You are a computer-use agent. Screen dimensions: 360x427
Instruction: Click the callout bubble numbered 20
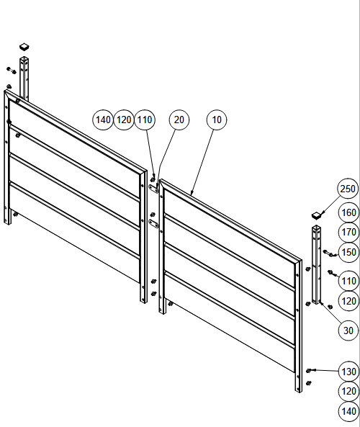[179, 120]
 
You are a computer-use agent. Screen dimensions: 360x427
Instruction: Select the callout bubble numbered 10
[217, 120]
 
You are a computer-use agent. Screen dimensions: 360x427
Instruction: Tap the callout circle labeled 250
[348, 189]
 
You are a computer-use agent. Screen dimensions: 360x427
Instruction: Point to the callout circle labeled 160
[348, 212]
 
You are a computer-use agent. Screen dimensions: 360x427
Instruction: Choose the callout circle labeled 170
[348, 233]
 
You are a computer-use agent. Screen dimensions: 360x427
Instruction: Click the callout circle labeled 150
[348, 252]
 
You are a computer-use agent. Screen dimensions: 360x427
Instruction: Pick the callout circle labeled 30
[348, 331]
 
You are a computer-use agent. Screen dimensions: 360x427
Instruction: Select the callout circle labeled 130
[348, 372]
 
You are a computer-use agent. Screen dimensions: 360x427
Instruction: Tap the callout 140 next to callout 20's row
[103, 120]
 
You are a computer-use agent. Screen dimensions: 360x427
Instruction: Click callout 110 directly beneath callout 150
[348, 281]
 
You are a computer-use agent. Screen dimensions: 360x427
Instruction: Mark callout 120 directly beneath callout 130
[348, 391]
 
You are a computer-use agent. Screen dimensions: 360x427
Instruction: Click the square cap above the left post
[24, 47]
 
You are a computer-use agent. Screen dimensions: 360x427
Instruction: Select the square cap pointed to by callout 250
[316, 215]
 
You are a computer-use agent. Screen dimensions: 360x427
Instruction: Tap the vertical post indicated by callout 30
[316, 265]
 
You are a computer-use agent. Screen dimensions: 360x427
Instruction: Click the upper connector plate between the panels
[153, 189]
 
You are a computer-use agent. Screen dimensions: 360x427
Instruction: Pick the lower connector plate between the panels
[154, 224]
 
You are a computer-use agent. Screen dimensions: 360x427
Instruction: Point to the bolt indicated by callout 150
[329, 253]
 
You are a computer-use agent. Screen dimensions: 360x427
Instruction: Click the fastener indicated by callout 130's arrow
[309, 371]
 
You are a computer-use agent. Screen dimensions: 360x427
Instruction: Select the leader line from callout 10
[203, 162]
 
